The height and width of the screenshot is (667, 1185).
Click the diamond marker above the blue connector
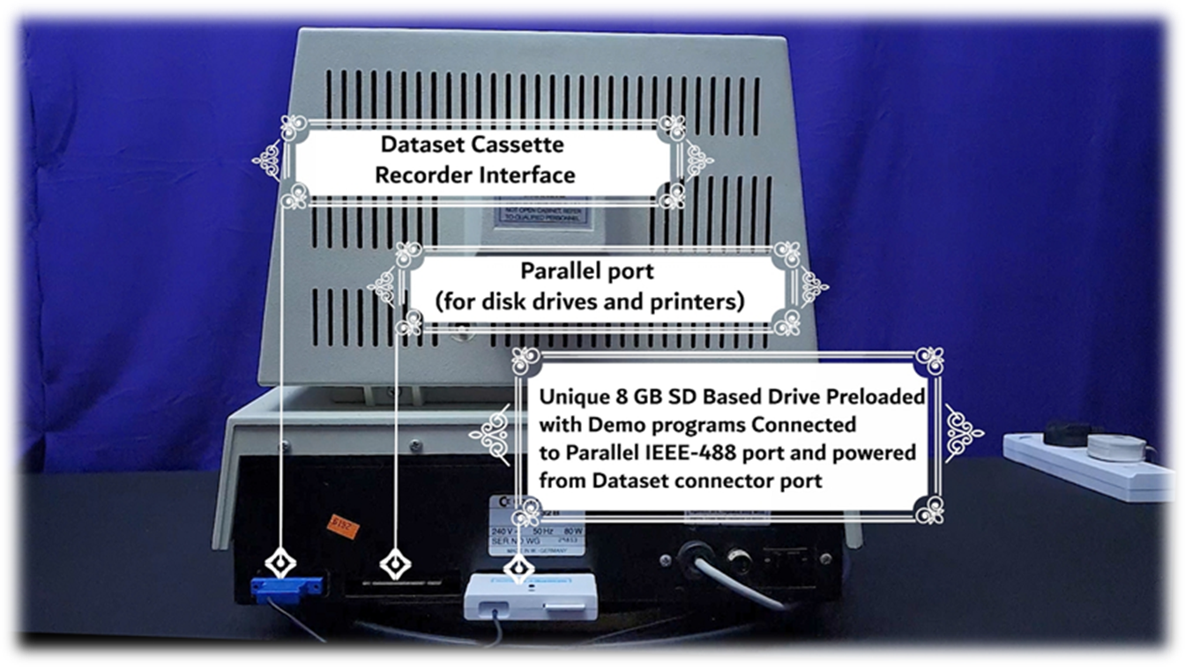[280, 561]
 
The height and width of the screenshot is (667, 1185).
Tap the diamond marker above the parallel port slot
[394, 561]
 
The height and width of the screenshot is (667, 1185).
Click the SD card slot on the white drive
[561, 605]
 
